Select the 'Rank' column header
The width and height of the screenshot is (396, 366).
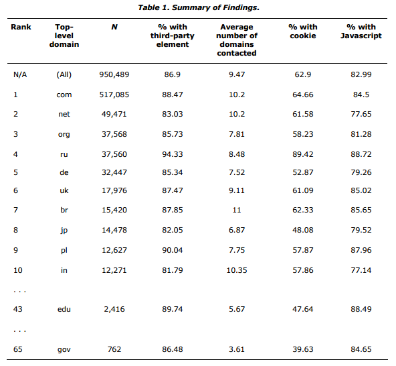pyautogui.click(x=21, y=27)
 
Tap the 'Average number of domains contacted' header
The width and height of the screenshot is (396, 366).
pyautogui.click(x=237, y=40)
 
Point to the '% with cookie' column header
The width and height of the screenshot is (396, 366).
pyautogui.click(x=303, y=32)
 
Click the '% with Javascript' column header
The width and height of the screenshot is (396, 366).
pyautogui.click(x=361, y=32)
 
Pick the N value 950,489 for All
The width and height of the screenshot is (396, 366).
pyautogui.click(x=114, y=74)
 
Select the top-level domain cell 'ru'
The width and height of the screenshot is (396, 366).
pyautogui.click(x=64, y=154)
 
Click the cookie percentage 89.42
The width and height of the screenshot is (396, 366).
pyautogui.click(x=303, y=154)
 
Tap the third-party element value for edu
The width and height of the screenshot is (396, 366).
pyautogui.click(x=172, y=309)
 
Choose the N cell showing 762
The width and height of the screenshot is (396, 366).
pyautogui.click(x=114, y=349)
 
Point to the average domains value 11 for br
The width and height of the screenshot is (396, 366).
pyautogui.click(x=237, y=210)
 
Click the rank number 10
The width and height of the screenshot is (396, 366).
pyautogui.click(x=18, y=270)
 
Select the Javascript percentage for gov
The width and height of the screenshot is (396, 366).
pyautogui.click(x=361, y=349)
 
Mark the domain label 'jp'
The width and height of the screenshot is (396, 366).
pyautogui.click(x=64, y=231)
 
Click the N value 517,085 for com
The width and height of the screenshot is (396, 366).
pyautogui.click(x=114, y=95)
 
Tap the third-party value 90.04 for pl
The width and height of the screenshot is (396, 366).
pyautogui.click(x=172, y=250)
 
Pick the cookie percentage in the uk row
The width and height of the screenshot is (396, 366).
pyautogui.click(x=303, y=190)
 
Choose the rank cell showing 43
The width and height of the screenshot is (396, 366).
pyautogui.click(x=18, y=309)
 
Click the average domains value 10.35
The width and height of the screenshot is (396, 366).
pyautogui.click(x=237, y=270)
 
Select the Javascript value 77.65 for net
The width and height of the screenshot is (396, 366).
pyautogui.click(x=361, y=114)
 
